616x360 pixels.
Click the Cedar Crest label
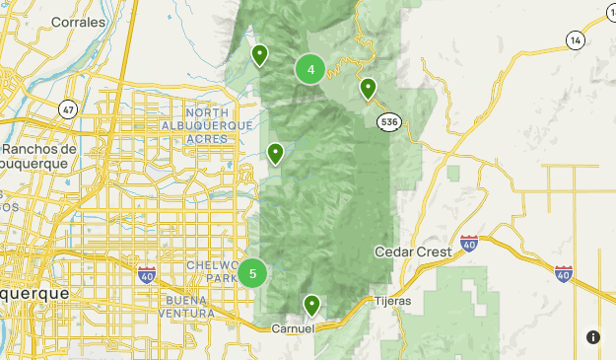tap(413, 252)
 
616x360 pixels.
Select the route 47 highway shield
tap(67, 109)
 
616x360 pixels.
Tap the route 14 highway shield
tap(575, 38)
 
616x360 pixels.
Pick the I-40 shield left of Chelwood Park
tap(147, 273)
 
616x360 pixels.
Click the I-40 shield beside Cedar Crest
tap(469, 243)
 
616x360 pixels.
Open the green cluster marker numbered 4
tap(310, 69)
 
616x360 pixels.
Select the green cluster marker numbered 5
tap(253, 273)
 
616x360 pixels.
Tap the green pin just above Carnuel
tap(311, 304)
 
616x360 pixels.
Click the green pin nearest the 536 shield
tap(368, 89)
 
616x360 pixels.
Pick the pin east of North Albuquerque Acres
tap(276, 152)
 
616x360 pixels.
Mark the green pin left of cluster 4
tap(259, 54)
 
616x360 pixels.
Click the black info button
tap(593, 337)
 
